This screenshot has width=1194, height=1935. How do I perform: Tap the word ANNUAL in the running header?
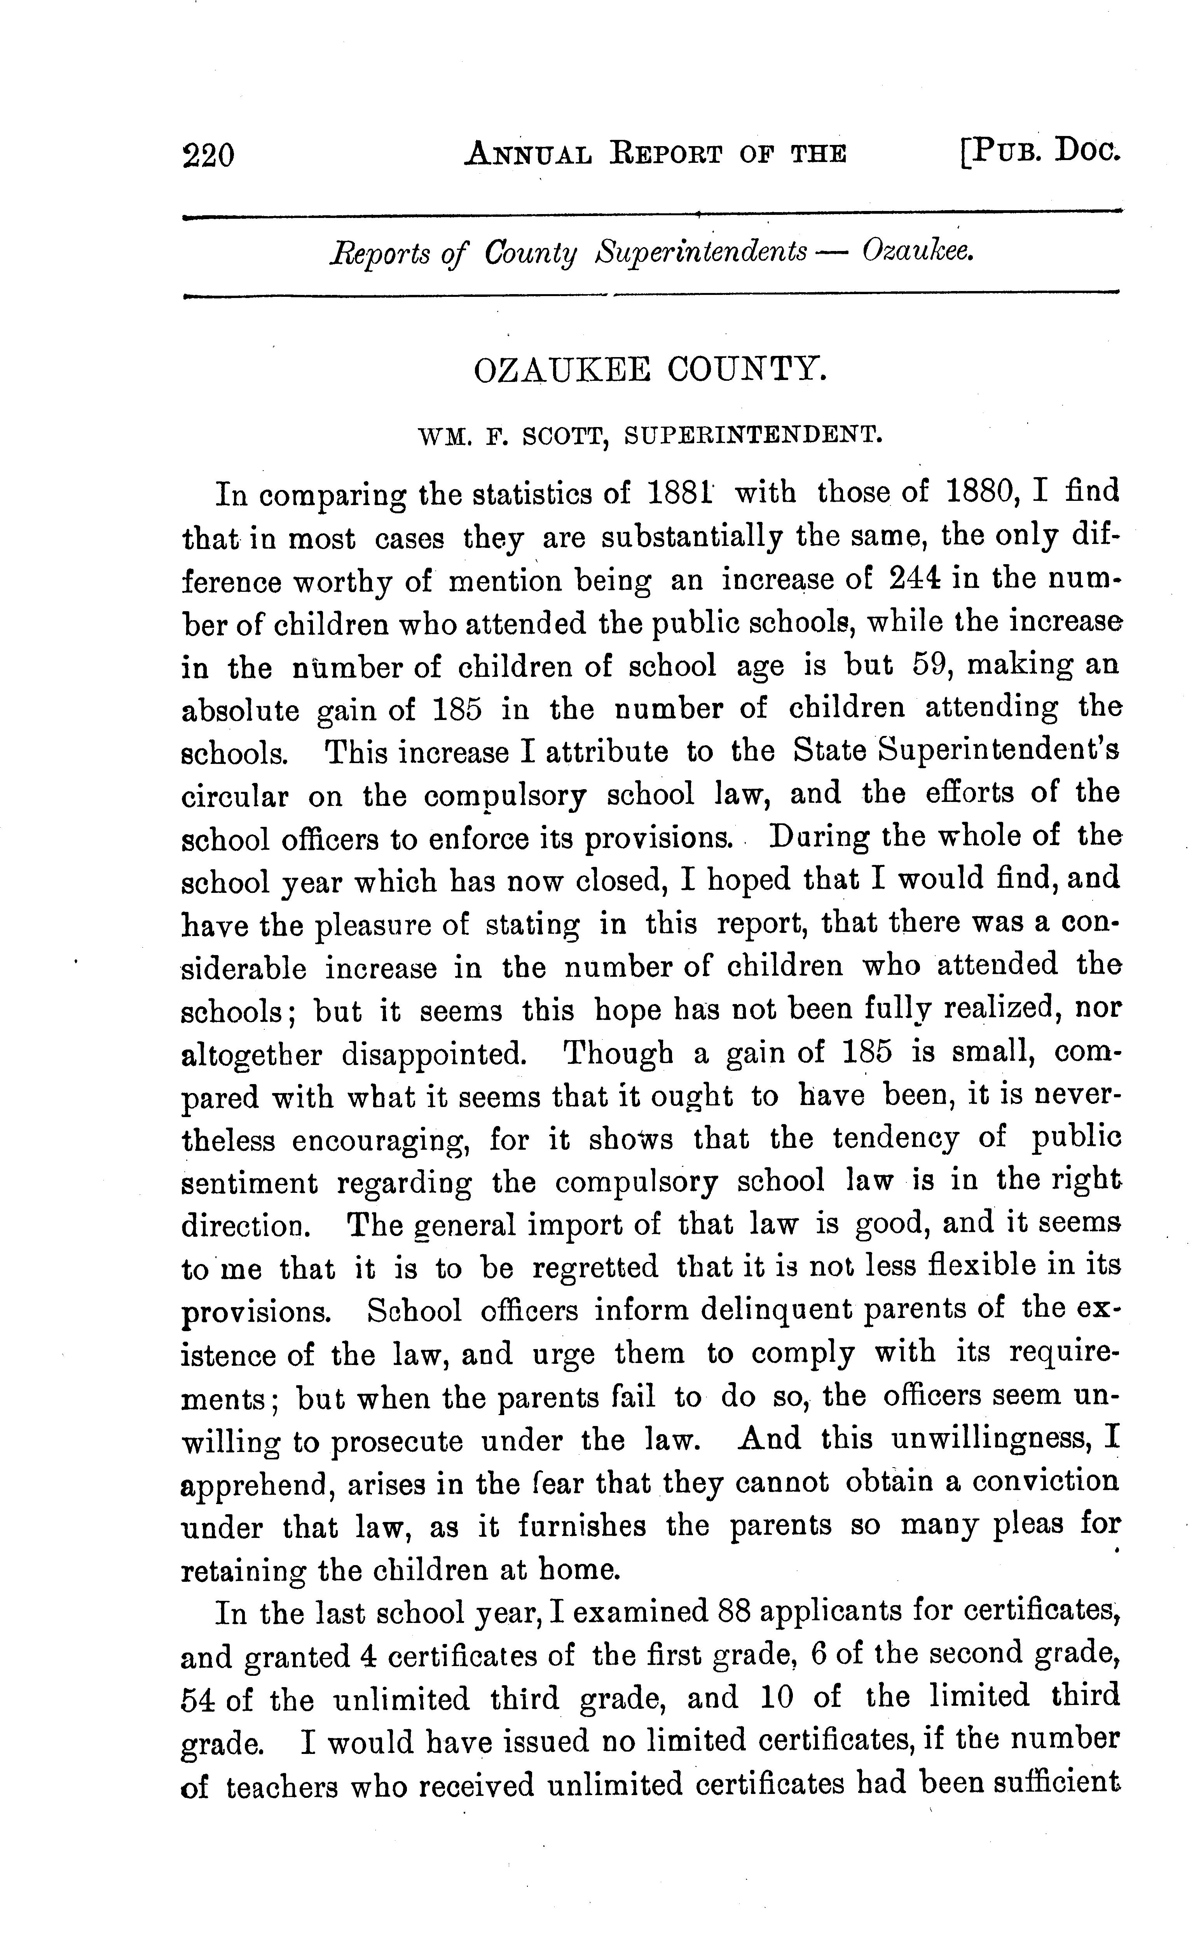pos(527,152)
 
